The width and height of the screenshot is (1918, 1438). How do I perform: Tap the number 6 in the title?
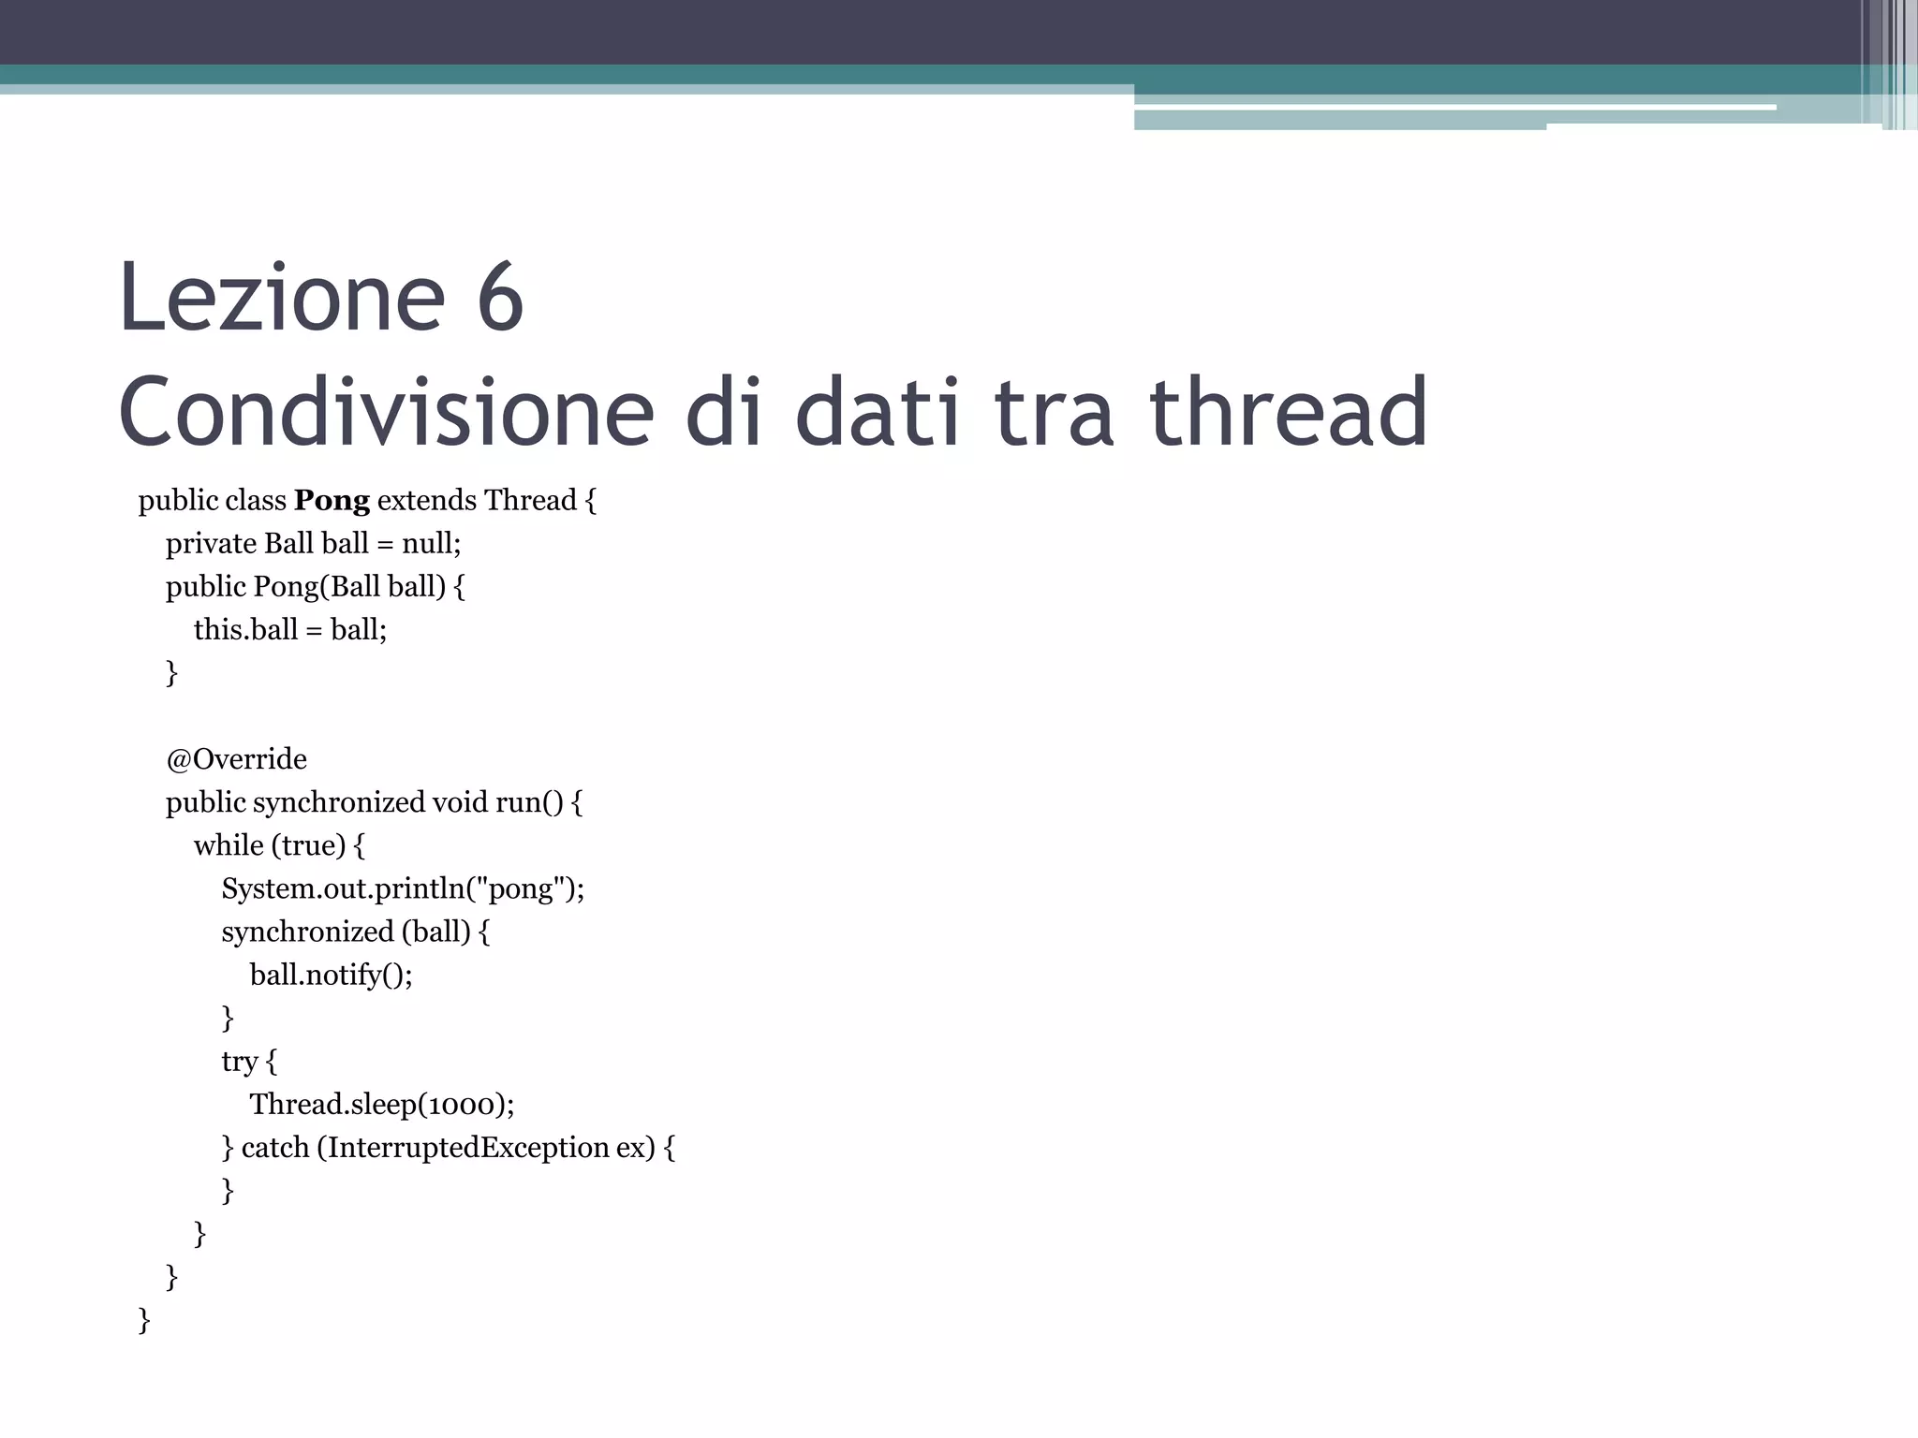[x=499, y=298]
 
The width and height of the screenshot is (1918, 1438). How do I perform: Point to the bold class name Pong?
[x=332, y=501]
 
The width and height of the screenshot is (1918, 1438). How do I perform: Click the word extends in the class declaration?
[x=426, y=501]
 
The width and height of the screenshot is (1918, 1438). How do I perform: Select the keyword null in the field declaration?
[x=428, y=544]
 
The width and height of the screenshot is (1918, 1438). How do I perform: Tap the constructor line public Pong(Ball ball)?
[x=315, y=587]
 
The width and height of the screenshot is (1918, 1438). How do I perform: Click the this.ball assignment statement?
[x=290, y=630]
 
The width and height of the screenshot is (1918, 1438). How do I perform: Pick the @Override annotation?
[x=236, y=759]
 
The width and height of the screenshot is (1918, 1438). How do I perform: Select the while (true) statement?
[x=279, y=845]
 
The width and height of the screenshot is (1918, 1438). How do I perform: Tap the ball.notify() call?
[x=331, y=976]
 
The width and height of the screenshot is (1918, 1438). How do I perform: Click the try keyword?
[x=239, y=1062]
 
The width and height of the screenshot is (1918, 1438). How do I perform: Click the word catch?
[x=275, y=1148]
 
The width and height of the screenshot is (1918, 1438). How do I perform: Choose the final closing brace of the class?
[x=144, y=1320]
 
